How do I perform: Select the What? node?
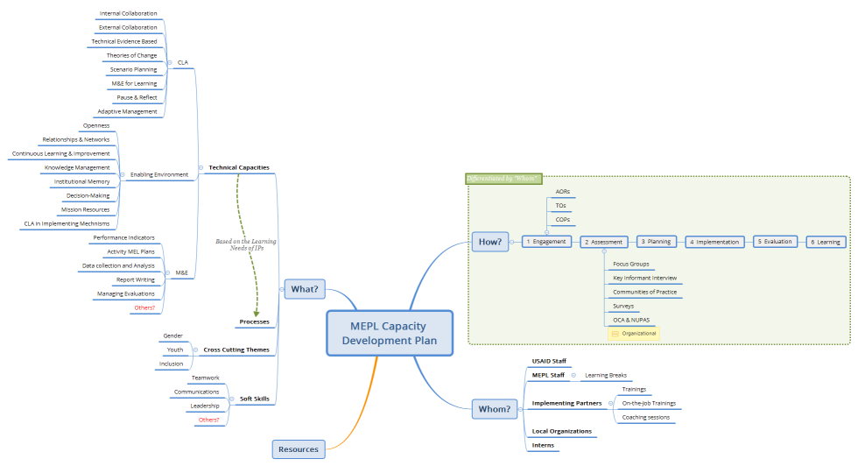click(x=304, y=288)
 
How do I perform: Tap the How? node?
click(x=491, y=242)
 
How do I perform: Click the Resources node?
click(x=299, y=449)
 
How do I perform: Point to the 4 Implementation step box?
click(x=715, y=242)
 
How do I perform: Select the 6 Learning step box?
click(x=826, y=242)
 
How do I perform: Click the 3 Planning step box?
click(x=655, y=242)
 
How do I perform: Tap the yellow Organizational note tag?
click(x=633, y=333)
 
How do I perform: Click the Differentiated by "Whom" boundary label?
click(x=504, y=179)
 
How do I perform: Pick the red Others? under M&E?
click(x=144, y=307)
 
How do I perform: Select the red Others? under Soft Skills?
click(x=208, y=420)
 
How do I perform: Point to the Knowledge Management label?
click(x=77, y=167)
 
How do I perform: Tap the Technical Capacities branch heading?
click(x=238, y=167)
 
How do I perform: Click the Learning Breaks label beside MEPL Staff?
click(x=605, y=375)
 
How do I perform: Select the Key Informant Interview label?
click(x=644, y=278)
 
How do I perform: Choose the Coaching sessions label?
click(x=645, y=417)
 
